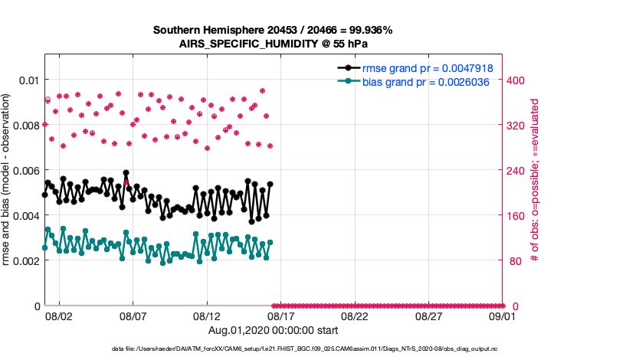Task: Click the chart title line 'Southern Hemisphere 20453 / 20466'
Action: (x=273, y=30)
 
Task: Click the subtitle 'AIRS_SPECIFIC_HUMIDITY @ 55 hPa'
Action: (x=273, y=44)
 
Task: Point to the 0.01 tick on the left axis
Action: (x=28, y=80)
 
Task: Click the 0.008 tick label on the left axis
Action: (x=25, y=125)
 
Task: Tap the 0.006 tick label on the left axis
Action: (x=25, y=170)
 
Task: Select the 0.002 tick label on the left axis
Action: (x=25, y=260)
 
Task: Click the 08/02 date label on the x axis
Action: (x=59, y=316)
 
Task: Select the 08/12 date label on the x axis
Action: (x=207, y=316)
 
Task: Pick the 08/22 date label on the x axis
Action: (x=355, y=316)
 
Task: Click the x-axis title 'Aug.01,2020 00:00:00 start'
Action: (x=273, y=331)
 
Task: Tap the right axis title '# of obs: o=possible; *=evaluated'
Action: (x=536, y=181)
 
